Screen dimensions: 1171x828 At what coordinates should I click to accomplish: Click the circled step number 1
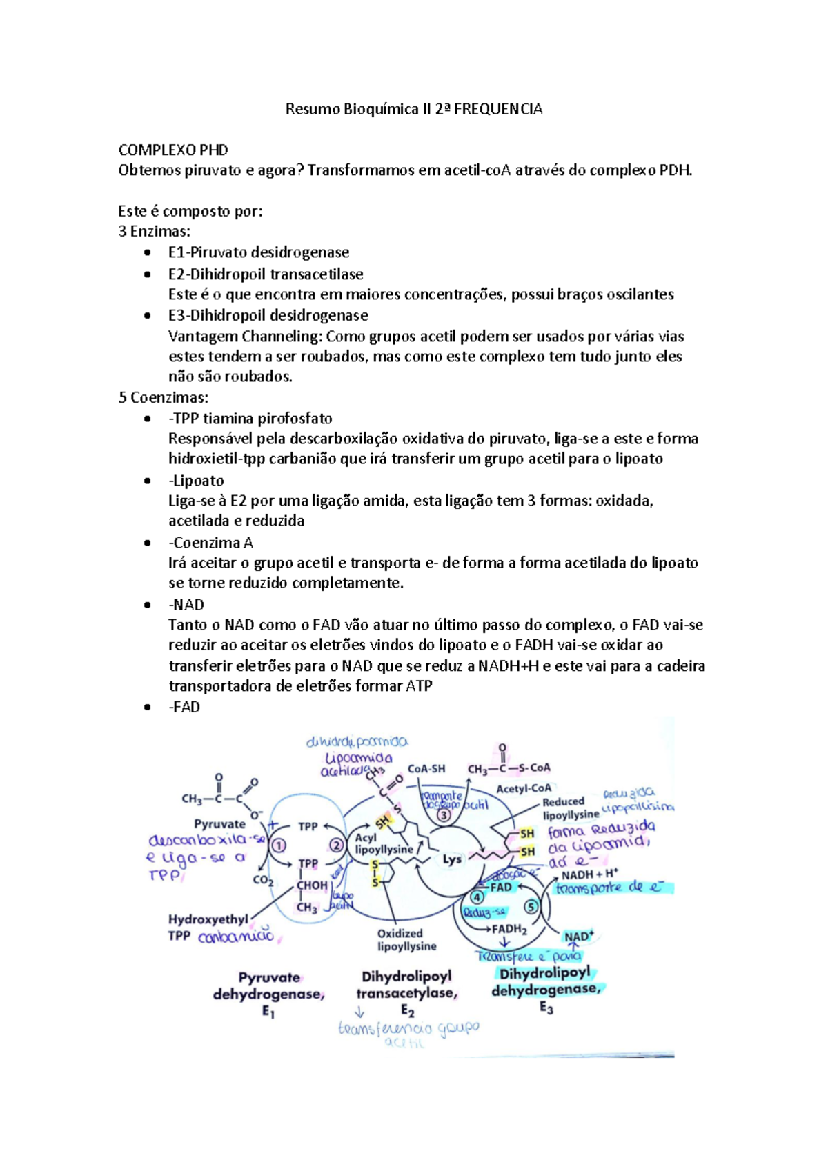[279, 845]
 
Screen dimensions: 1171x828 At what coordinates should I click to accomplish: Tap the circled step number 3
[444, 814]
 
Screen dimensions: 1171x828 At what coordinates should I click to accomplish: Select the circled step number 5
[531, 907]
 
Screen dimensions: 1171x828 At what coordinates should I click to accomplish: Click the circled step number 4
[477, 897]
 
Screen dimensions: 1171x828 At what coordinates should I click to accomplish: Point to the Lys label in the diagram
[452, 859]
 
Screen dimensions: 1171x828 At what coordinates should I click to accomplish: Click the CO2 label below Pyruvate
[263, 881]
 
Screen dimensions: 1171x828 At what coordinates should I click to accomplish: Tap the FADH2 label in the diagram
[509, 929]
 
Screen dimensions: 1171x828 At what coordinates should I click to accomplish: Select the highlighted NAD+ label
[578, 937]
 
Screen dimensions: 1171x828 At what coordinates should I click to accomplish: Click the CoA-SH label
[426, 768]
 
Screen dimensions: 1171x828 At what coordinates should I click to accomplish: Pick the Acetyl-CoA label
[524, 788]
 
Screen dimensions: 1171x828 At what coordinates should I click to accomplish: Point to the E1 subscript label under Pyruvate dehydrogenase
[268, 1012]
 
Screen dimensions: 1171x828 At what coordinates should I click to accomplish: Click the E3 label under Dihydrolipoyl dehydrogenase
[546, 1008]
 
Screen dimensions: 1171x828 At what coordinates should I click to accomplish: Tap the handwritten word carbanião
[236, 937]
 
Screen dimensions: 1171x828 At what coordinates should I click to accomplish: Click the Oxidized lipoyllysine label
[406, 940]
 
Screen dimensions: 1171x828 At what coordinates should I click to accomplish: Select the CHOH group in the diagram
[312, 885]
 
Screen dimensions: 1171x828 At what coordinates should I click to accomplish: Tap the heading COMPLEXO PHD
[173, 150]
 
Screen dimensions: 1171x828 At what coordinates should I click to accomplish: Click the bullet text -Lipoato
[196, 481]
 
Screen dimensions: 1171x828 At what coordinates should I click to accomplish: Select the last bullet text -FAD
[184, 707]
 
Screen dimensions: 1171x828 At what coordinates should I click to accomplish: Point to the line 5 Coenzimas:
[164, 397]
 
